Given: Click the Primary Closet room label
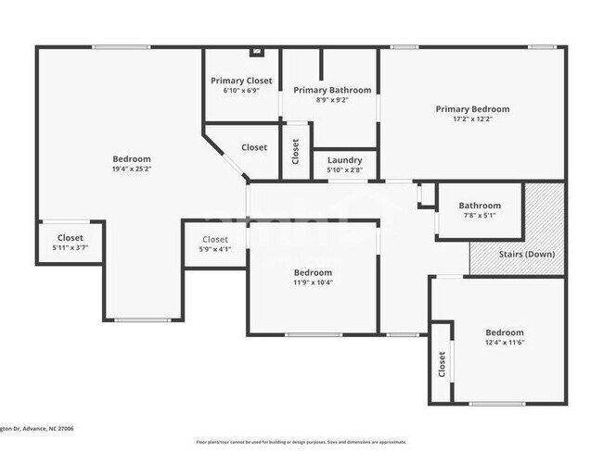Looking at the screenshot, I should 241,81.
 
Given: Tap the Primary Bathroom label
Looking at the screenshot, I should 332,90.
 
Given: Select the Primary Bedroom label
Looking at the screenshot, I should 472,108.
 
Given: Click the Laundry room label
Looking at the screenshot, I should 344,160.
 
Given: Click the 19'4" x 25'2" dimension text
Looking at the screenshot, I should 131,169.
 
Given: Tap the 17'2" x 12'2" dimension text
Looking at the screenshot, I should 472,119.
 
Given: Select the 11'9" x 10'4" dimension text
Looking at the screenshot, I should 313,282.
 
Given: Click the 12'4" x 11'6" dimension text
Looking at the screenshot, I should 504,343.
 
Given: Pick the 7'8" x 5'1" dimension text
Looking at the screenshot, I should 479,216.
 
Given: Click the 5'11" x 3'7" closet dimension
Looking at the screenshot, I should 71,248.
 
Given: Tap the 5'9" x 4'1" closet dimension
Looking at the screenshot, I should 214,249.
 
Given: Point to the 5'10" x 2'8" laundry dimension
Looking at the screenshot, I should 344,170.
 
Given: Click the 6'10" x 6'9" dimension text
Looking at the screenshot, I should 241,91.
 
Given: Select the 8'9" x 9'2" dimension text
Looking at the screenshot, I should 332,100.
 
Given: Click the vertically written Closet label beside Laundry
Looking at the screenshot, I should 296,151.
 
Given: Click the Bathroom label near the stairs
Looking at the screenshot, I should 479,206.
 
